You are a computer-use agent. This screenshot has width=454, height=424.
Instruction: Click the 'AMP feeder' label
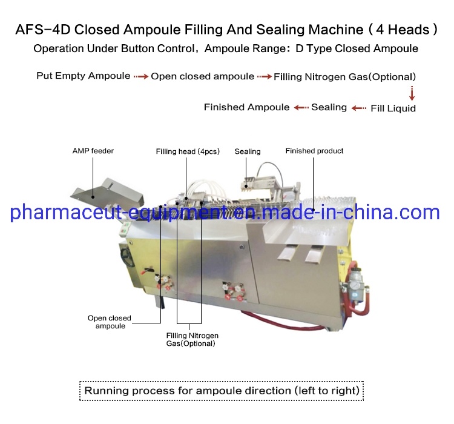click(x=93, y=151)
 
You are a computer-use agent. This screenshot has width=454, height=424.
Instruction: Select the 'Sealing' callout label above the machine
click(x=248, y=151)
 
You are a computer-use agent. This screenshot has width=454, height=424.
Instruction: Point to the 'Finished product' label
click(x=314, y=151)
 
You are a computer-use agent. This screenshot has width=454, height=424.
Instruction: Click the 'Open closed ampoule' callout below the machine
click(x=110, y=322)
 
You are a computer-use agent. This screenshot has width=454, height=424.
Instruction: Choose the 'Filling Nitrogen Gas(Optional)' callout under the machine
click(x=192, y=339)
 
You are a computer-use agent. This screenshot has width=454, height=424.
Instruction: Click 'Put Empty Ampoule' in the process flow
click(x=83, y=76)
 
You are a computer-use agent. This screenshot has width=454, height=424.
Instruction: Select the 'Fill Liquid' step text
click(x=393, y=108)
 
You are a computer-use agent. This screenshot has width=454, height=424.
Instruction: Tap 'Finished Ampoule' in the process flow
click(x=246, y=107)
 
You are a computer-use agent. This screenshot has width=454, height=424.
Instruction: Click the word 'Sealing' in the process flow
click(x=329, y=107)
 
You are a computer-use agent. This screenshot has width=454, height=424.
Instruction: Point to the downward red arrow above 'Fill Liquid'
click(x=412, y=93)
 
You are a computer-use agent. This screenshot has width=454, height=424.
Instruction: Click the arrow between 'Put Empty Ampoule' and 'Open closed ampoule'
click(x=141, y=77)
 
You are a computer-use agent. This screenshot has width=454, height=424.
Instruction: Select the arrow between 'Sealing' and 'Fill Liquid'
click(x=360, y=108)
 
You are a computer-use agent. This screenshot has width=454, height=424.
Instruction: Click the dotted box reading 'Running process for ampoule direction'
click(x=222, y=391)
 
